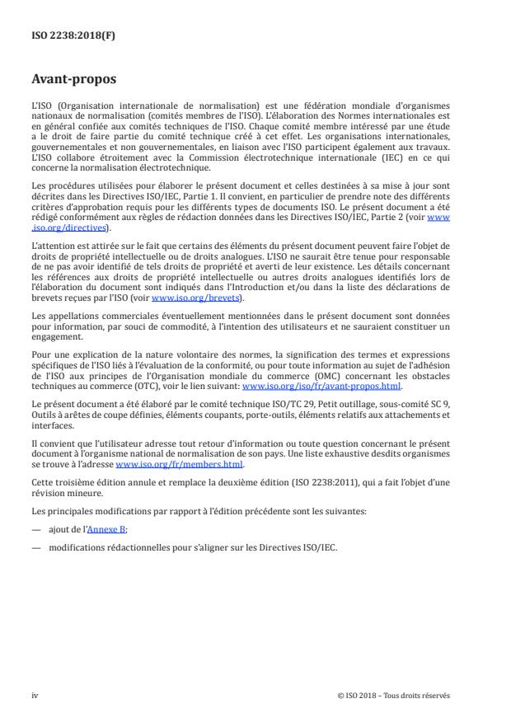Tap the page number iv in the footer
[35, 695]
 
